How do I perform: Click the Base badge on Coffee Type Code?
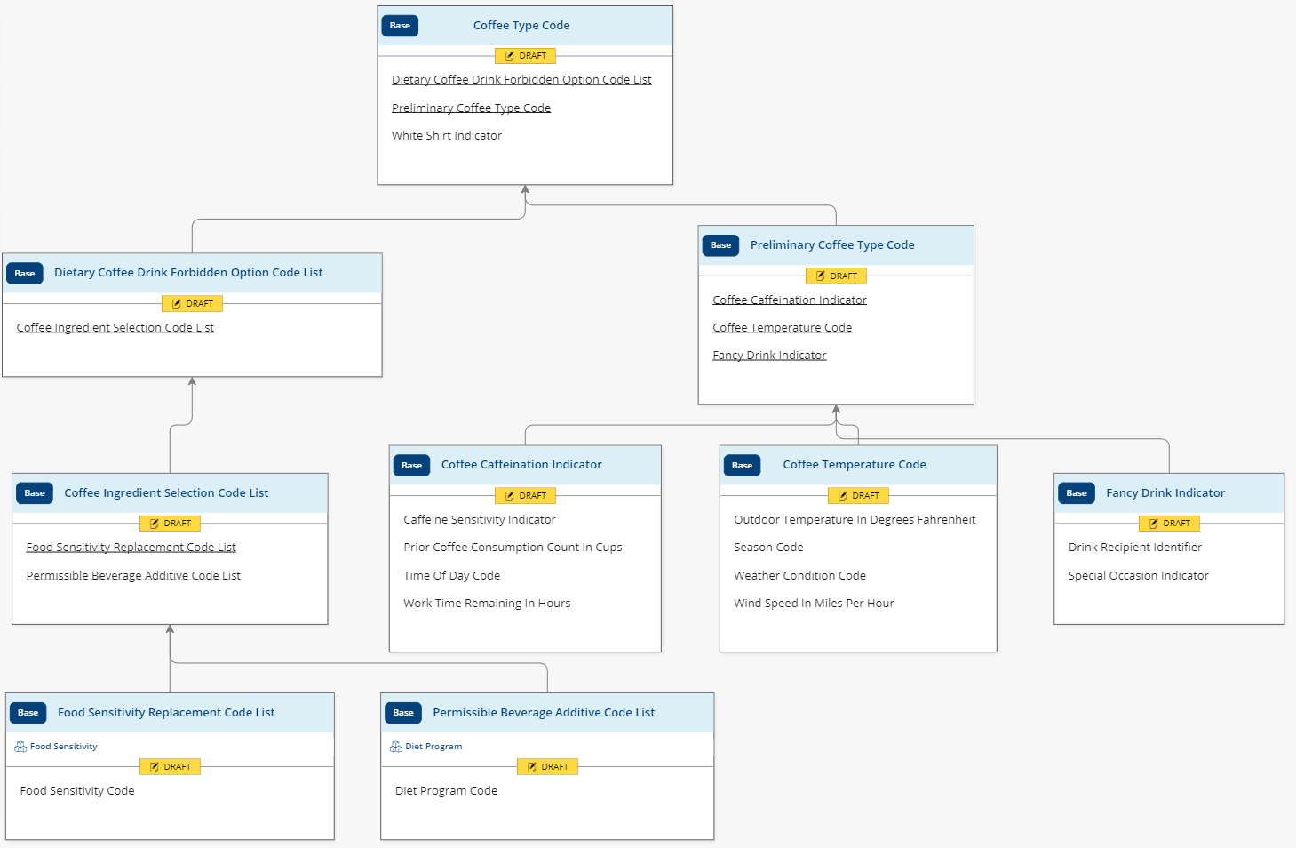[400, 26]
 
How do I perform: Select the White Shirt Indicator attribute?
[447, 136]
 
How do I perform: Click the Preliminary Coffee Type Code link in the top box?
[471, 108]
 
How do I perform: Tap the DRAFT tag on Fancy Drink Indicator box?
[1169, 524]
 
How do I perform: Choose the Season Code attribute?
[768, 548]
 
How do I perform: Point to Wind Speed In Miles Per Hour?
[814, 604]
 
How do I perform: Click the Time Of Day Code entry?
[451, 576]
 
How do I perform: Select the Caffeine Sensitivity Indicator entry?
[480, 520]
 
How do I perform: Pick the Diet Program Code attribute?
[446, 791]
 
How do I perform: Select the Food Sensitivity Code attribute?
[77, 791]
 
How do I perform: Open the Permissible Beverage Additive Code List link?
[133, 576]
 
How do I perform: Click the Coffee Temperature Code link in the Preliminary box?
[782, 328]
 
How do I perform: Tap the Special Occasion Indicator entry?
[1138, 576]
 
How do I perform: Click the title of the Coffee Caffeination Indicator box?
[521, 465]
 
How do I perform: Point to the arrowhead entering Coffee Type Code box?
[525, 189]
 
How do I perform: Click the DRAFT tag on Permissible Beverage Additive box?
[547, 767]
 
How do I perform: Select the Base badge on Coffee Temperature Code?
[742, 466]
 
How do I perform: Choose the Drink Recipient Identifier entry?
[1134, 548]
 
